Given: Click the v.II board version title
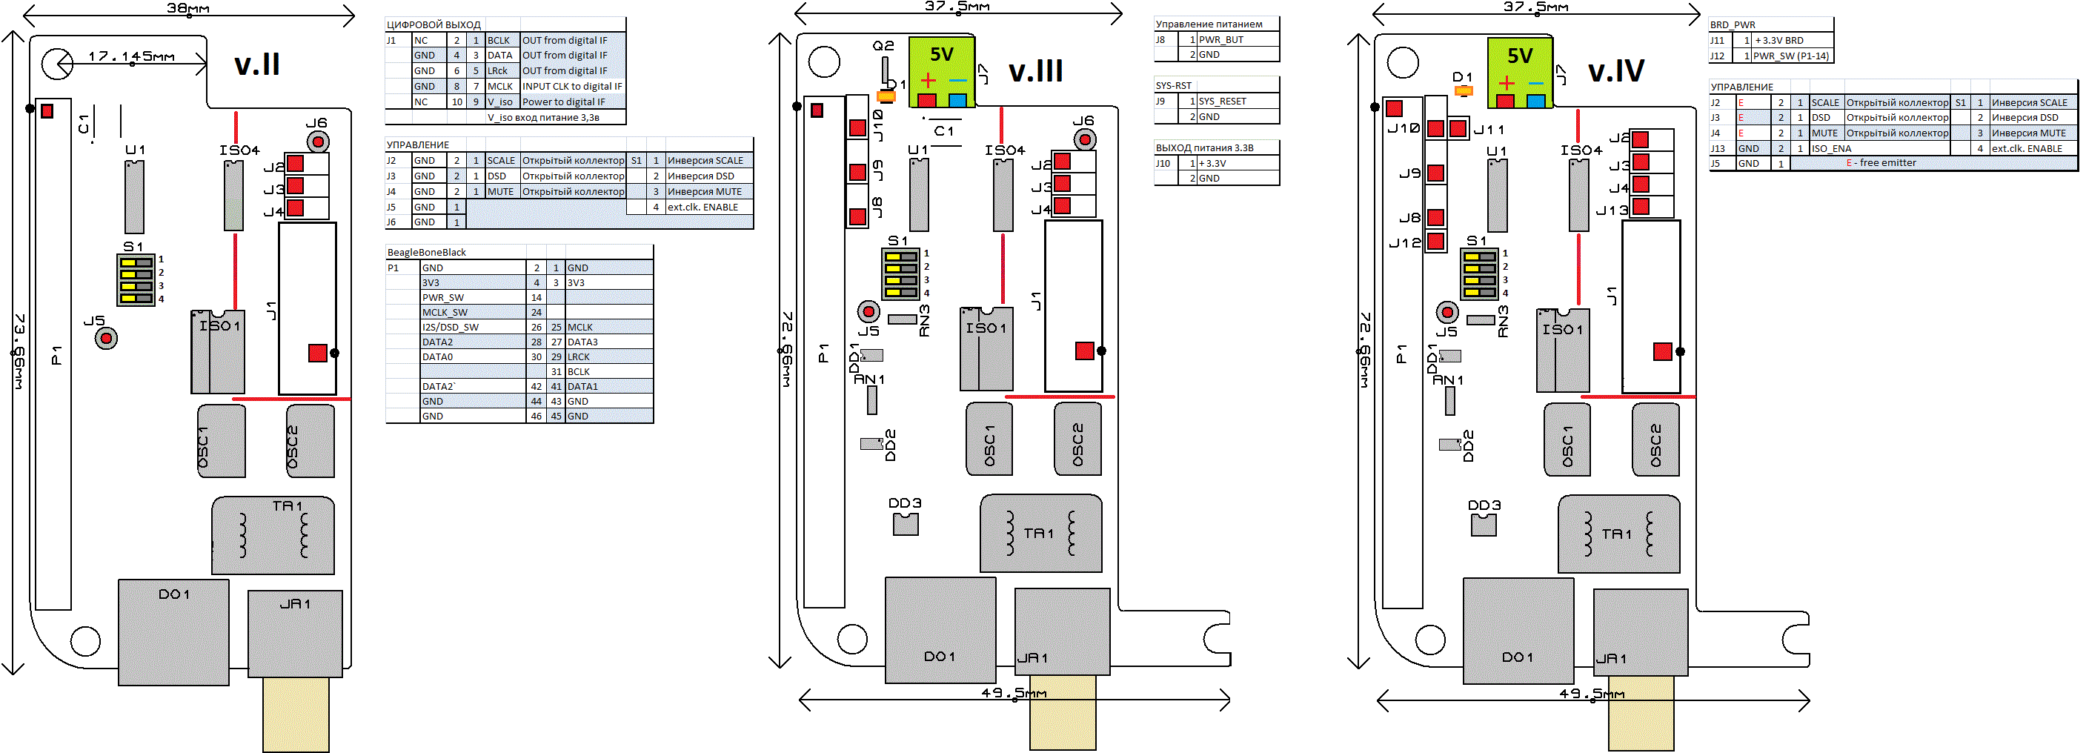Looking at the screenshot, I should [256, 64].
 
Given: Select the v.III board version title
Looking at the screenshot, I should [1035, 71].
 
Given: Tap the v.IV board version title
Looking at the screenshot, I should [1615, 71].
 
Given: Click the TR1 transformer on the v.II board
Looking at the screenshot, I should [273, 535].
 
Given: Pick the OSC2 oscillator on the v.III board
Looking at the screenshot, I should [1077, 439].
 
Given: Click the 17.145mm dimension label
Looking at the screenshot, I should [131, 56].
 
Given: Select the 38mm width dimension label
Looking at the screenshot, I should [188, 8].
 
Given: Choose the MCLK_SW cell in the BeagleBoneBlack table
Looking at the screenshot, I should [445, 313].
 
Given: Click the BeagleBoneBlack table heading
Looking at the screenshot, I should [427, 253].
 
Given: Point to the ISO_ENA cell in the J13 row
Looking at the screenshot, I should [1831, 149].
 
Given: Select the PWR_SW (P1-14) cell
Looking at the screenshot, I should [1790, 56].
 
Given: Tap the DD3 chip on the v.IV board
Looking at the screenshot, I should [1484, 525].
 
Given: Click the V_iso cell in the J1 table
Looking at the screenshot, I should [500, 102].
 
